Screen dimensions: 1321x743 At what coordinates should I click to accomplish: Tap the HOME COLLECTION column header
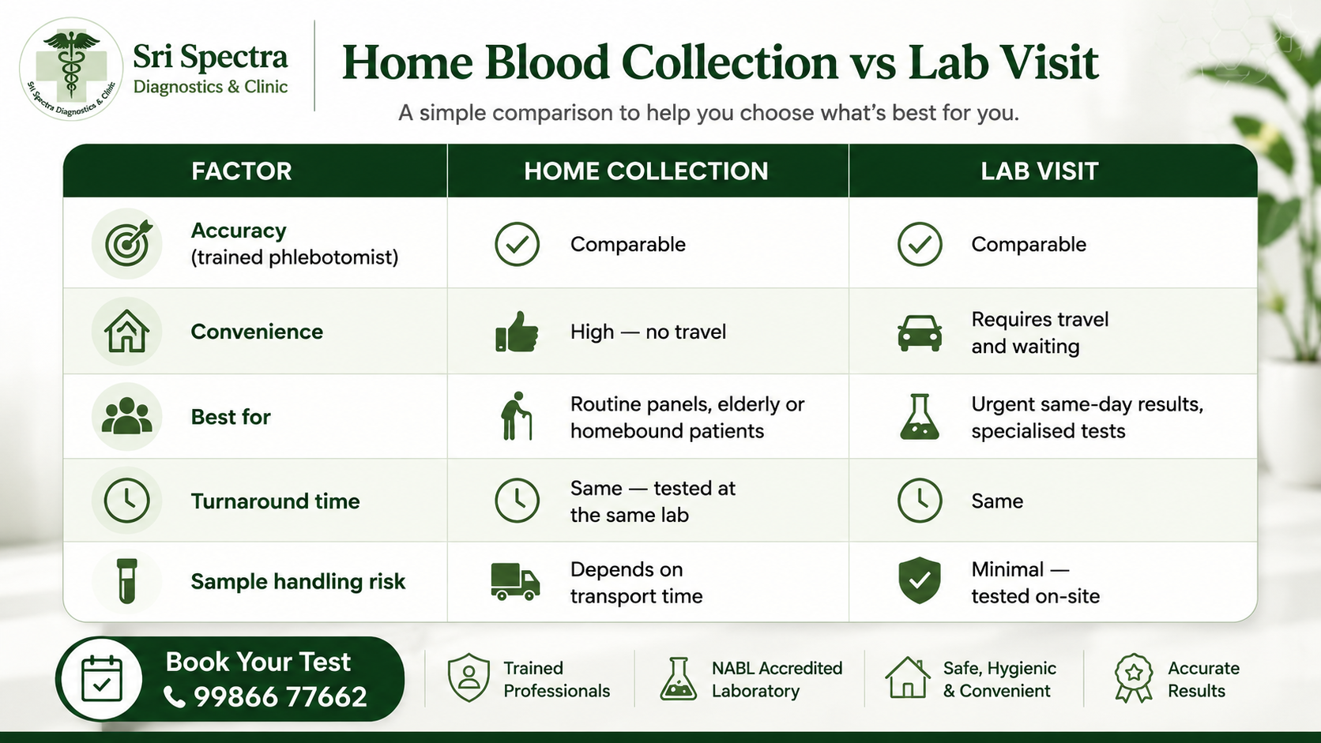pos(646,171)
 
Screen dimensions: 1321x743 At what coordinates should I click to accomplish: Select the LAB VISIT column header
pos(1039,171)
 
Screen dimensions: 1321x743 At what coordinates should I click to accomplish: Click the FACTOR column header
pos(242,171)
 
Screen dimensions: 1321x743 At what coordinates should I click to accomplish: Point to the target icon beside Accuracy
pos(128,242)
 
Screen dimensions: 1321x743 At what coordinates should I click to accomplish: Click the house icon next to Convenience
pos(126,331)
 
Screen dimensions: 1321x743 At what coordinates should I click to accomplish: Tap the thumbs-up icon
pos(517,332)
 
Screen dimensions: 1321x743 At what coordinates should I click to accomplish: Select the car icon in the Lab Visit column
pos(920,333)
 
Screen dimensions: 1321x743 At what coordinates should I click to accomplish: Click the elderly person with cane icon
pos(516,416)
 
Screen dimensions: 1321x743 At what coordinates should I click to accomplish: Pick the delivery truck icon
pos(515,582)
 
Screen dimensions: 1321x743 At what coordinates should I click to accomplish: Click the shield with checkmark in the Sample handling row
pos(920,580)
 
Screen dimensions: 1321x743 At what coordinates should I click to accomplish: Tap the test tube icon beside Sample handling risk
pos(126,581)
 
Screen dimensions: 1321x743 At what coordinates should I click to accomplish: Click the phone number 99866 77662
pos(280,697)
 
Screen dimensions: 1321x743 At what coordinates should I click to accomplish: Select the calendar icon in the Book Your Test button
pos(102,679)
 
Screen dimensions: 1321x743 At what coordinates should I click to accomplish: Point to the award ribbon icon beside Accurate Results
pos(1134,678)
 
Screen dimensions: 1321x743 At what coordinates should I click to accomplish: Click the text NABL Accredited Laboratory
pos(777,679)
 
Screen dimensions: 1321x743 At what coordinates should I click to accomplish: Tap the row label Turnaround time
pos(276,501)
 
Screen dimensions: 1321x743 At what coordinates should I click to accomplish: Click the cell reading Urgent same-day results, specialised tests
pos(1087,418)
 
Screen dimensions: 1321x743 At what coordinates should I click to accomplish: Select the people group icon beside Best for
pos(126,416)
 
